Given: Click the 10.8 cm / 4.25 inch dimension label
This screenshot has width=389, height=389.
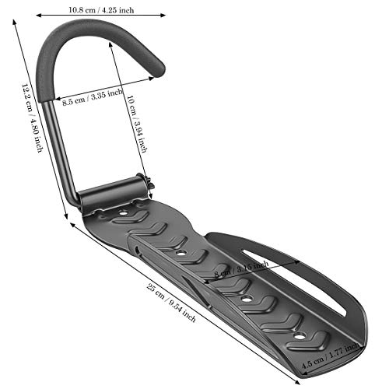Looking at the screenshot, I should pyautogui.click(x=101, y=10).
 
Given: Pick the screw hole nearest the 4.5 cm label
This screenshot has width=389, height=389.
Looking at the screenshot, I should pyautogui.click(x=296, y=335).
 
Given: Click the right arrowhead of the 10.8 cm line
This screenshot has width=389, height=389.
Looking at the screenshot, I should pyautogui.click(x=164, y=14).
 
